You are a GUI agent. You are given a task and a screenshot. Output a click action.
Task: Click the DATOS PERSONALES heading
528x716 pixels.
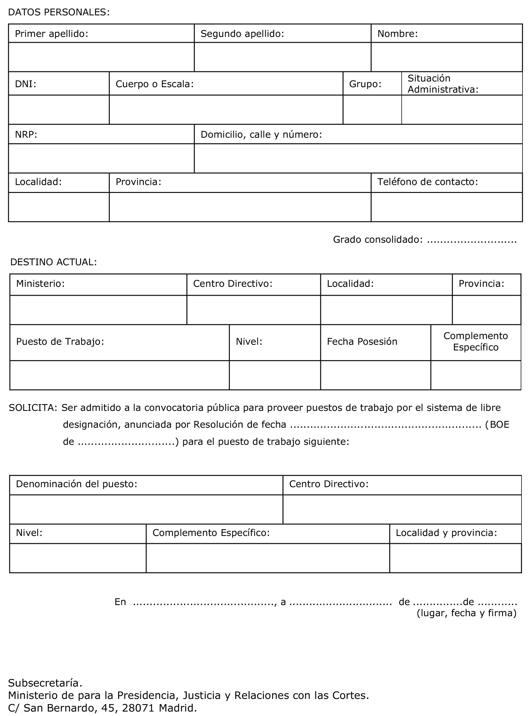click(59, 12)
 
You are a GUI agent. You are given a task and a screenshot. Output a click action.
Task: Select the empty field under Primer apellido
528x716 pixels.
click(101, 57)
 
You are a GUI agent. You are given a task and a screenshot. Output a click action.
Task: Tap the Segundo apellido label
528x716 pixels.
click(242, 34)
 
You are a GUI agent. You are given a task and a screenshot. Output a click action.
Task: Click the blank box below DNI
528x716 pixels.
click(59, 110)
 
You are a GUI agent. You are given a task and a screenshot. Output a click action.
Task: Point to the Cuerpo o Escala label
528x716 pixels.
click(155, 84)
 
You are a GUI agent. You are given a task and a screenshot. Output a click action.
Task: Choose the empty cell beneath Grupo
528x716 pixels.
click(372, 110)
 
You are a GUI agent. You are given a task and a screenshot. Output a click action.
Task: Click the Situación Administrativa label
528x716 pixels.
click(443, 84)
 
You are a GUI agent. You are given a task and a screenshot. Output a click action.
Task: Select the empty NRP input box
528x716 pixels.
click(101, 158)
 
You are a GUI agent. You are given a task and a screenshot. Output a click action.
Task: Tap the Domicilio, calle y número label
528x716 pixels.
click(261, 135)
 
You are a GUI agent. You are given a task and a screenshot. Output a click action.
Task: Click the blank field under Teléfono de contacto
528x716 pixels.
click(446, 207)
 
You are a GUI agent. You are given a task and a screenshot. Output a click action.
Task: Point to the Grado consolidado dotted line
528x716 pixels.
click(472, 240)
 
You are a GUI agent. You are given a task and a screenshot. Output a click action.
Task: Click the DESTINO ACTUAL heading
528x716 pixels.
click(53, 262)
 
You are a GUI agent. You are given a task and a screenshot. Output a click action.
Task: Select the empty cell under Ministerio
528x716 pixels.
click(98, 310)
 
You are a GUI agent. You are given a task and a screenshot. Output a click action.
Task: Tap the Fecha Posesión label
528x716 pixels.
click(362, 341)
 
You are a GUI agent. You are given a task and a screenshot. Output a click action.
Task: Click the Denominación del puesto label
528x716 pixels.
click(76, 484)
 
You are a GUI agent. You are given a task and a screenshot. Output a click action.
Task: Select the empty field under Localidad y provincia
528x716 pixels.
click(456, 558)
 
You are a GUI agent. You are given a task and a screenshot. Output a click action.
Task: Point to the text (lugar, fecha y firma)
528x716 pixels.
click(467, 613)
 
